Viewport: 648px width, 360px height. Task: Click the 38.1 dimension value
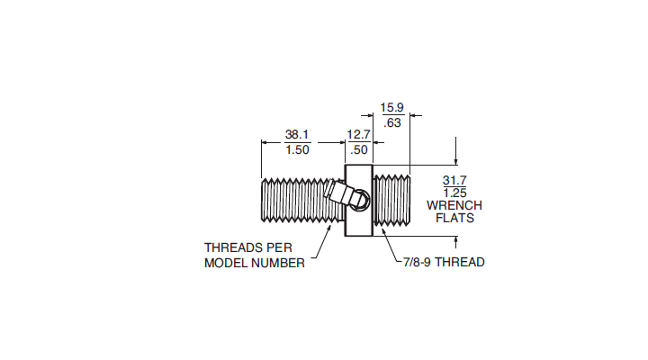point(297,134)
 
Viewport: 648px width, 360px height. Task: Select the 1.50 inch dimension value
point(297,149)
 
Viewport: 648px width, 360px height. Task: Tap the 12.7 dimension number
point(359,134)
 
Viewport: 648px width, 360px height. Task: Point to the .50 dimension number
point(359,149)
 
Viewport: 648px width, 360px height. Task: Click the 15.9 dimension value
point(391,107)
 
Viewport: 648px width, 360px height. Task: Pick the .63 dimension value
point(392,122)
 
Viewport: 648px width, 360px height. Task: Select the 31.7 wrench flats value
point(454,180)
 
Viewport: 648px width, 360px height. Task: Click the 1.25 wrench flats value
point(455,193)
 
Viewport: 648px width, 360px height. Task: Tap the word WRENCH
point(454,205)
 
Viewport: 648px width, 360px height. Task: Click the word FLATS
point(455,218)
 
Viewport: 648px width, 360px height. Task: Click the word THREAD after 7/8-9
point(460,262)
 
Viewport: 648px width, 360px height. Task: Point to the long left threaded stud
point(302,200)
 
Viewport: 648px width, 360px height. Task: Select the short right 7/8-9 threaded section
point(391,200)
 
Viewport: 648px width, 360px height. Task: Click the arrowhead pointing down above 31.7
point(455,161)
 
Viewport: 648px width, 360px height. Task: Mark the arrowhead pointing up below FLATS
point(455,240)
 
